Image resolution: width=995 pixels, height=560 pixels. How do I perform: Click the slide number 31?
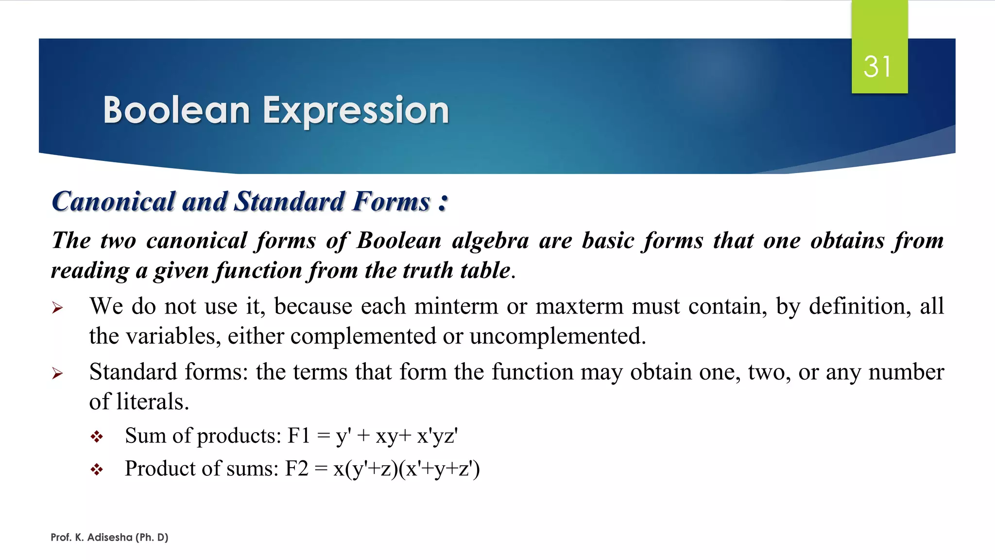[877, 67]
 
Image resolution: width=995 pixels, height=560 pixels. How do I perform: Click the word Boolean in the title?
[176, 110]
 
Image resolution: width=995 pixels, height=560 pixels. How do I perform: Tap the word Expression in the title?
[356, 111]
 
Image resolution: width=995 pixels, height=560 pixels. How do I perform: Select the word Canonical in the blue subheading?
[113, 201]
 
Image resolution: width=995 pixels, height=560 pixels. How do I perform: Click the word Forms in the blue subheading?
[392, 201]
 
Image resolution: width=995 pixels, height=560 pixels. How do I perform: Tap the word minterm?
[456, 307]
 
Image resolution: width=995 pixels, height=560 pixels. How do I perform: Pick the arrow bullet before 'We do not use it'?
[57, 308]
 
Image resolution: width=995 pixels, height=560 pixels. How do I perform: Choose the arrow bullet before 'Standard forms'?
[57, 373]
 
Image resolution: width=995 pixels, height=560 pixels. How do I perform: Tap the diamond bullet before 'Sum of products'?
[97, 437]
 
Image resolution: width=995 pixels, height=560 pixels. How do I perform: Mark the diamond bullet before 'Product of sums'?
[97, 470]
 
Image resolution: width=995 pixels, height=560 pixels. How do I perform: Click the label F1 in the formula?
[299, 436]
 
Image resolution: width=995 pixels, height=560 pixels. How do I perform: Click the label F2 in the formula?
[296, 469]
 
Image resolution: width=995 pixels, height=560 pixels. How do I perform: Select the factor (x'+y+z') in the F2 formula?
[439, 469]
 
